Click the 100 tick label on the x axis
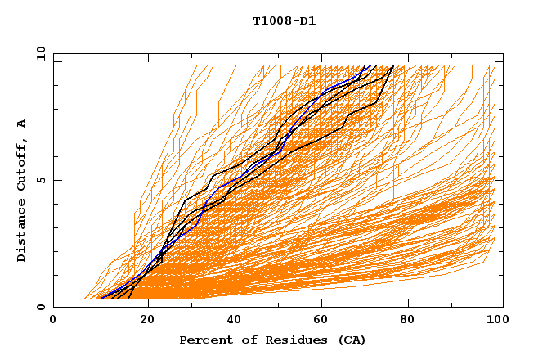point(495,320)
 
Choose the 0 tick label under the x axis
point(53,320)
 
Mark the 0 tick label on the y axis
point(40,308)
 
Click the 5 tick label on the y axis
point(40,180)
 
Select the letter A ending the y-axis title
point(21,124)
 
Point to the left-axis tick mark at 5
point(56,180)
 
